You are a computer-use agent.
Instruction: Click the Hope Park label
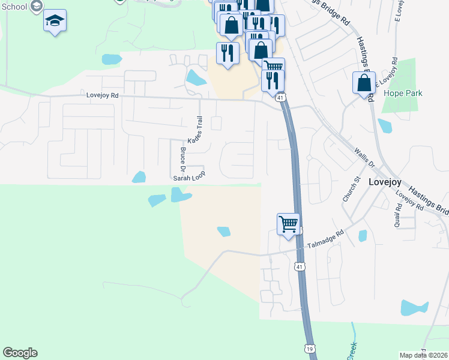point(403,93)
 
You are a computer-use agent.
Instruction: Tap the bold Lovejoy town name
point(384,180)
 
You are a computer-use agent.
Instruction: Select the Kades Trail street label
point(196,130)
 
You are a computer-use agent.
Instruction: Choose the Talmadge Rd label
point(325,240)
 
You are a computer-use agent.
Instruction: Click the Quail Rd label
point(398,215)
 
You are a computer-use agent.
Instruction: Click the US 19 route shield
point(309,347)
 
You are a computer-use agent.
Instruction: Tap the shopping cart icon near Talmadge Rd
point(288,224)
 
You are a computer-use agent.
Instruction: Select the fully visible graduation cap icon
point(55,21)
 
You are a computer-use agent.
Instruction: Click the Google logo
point(20,353)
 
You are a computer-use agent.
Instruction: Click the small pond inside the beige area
point(223,231)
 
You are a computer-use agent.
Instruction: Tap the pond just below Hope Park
point(385,126)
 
